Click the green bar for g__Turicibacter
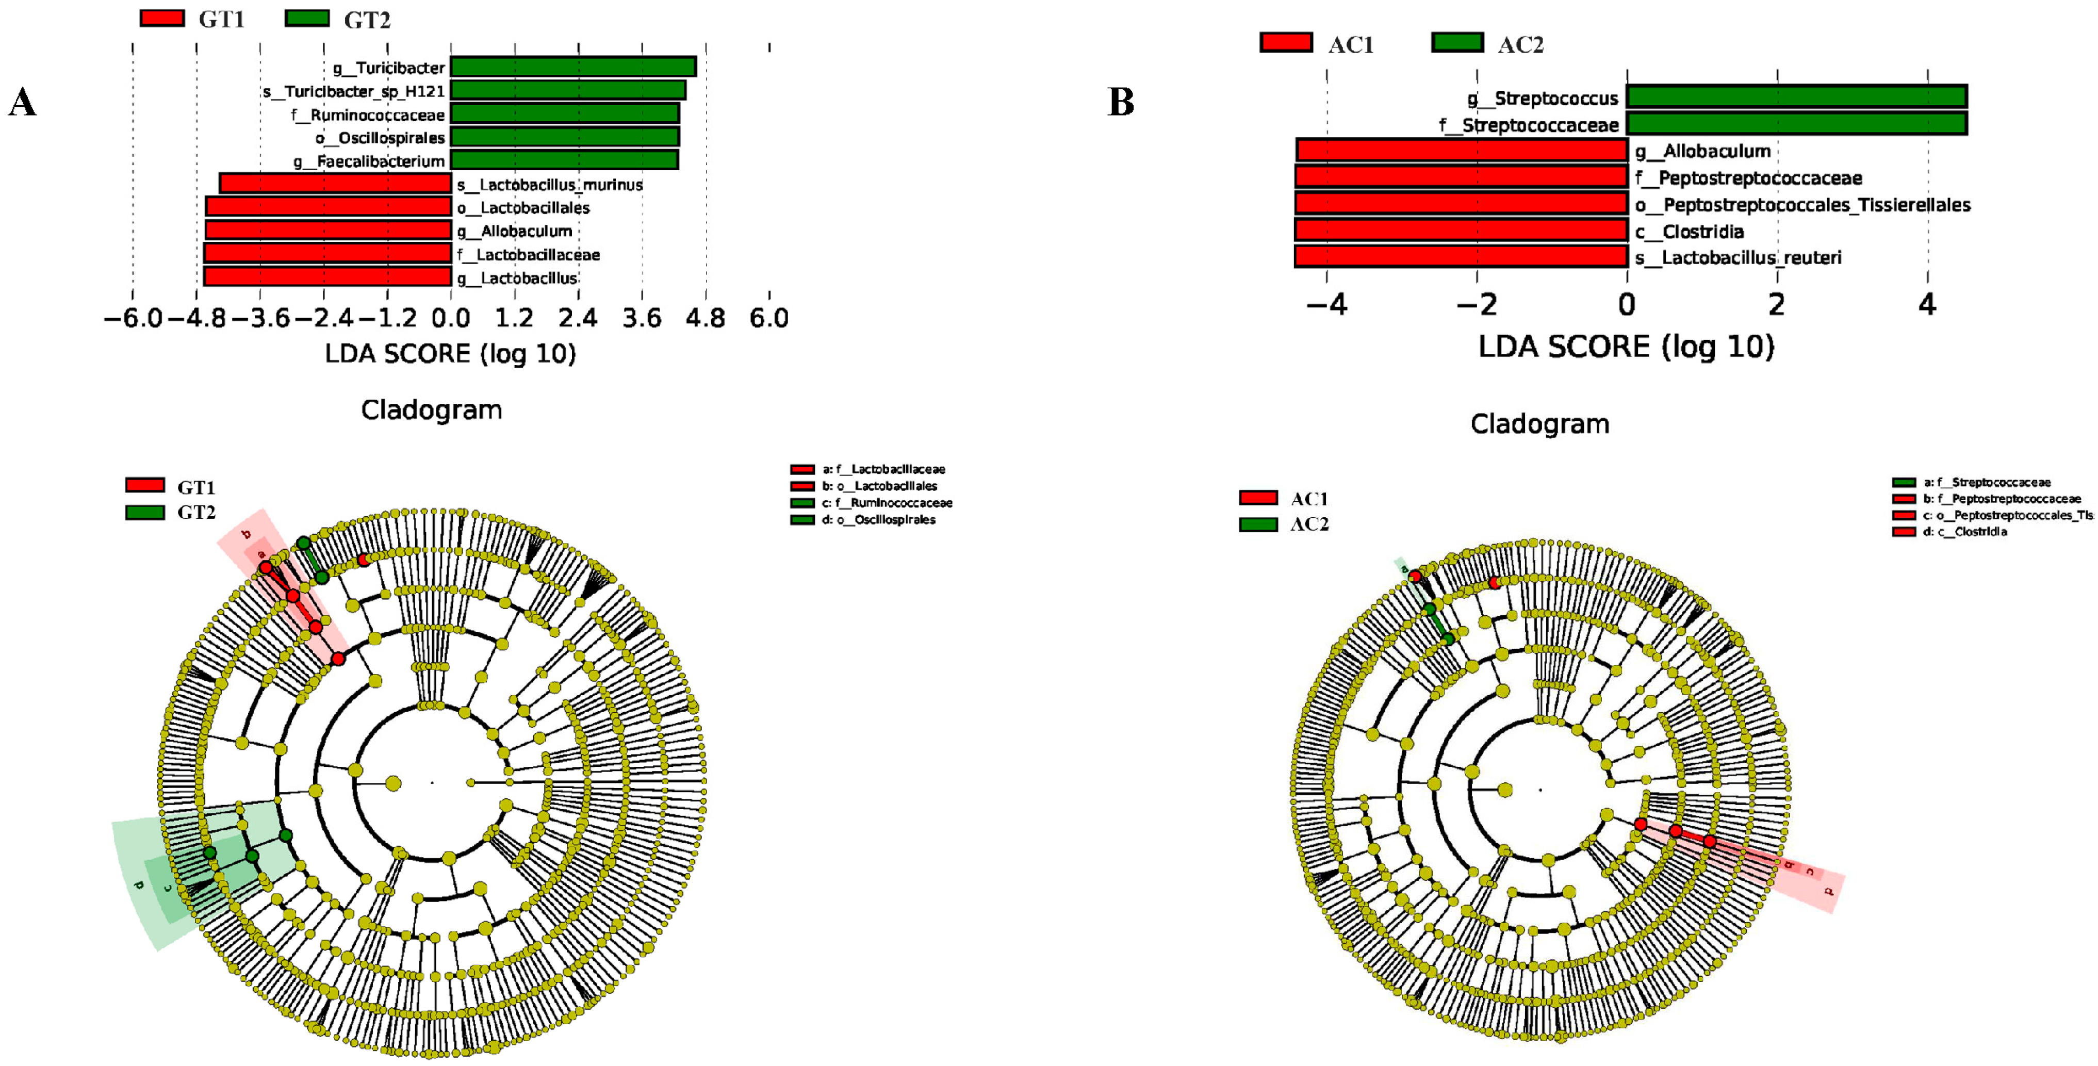point(572,67)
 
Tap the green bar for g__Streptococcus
point(1796,97)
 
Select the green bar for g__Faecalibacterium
point(564,160)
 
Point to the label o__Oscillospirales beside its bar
point(380,138)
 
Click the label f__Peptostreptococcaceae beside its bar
point(1748,177)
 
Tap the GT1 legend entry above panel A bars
point(192,19)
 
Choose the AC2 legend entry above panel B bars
point(1487,43)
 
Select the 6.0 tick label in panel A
point(769,318)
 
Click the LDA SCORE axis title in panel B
point(1626,347)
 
